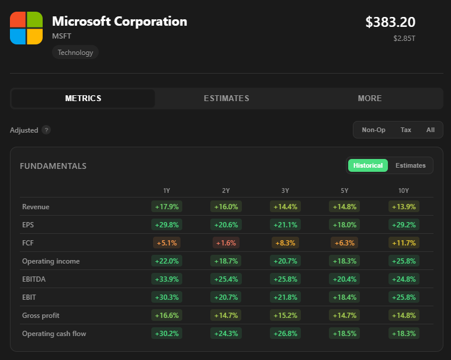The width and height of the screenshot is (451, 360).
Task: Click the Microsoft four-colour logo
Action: pos(26,28)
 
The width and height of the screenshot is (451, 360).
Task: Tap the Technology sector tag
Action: pos(75,53)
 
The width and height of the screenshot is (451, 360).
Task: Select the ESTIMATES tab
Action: pos(226,98)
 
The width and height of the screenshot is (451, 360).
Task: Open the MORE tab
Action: pos(370,98)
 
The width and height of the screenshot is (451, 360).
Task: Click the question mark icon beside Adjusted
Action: pos(46,130)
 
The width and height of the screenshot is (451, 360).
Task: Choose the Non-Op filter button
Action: pos(373,130)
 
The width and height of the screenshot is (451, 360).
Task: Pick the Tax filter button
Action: pos(406,130)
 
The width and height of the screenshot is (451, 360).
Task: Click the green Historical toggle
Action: pos(368,165)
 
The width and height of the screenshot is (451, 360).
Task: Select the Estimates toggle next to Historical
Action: pos(411,165)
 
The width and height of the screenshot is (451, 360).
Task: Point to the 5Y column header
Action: pos(344,191)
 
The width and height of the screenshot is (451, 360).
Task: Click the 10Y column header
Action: pos(404,191)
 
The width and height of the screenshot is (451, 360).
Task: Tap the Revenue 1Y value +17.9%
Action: pos(167,207)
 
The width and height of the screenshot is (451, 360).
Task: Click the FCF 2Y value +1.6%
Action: pos(226,243)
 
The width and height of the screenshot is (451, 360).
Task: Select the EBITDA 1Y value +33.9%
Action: pos(167,279)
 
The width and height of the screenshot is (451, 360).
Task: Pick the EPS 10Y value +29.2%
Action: pos(404,225)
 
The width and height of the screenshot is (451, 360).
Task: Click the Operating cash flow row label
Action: pos(54,334)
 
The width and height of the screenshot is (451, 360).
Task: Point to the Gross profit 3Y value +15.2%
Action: pos(285,316)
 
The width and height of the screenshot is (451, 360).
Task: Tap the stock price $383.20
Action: pos(390,22)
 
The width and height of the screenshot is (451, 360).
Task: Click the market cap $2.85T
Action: pos(404,39)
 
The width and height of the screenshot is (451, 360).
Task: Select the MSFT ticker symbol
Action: pos(61,36)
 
